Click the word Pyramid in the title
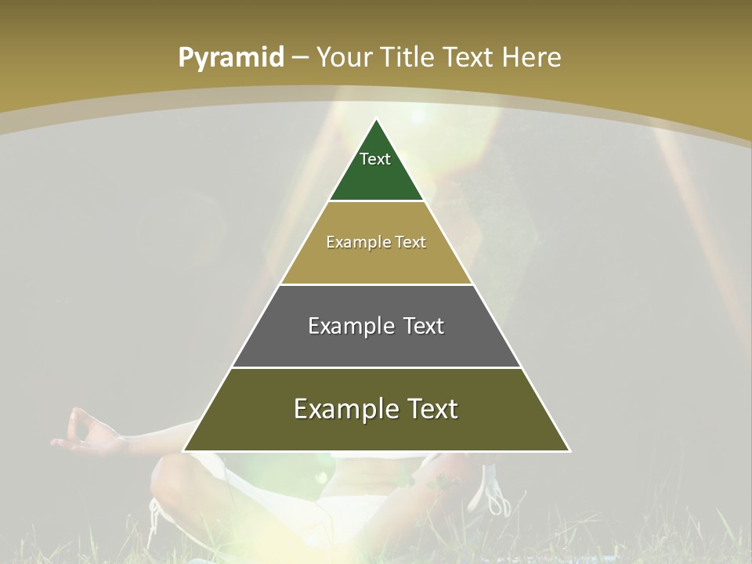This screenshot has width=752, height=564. (x=231, y=58)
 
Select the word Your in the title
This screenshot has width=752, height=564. (x=345, y=58)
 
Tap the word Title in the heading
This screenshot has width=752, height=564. (x=410, y=58)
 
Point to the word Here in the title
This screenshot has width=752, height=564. (x=531, y=58)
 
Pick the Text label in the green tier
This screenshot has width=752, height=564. (x=375, y=159)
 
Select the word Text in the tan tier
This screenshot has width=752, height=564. (x=411, y=243)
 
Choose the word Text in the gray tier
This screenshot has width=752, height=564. (x=424, y=326)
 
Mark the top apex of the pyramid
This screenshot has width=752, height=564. (x=376, y=120)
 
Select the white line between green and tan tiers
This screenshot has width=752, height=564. (x=376, y=201)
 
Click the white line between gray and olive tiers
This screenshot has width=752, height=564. (x=376, y=367)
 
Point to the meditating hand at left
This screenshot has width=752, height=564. (x=86, y=435)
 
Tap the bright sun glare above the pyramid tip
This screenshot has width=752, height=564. (x=417, y=115)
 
